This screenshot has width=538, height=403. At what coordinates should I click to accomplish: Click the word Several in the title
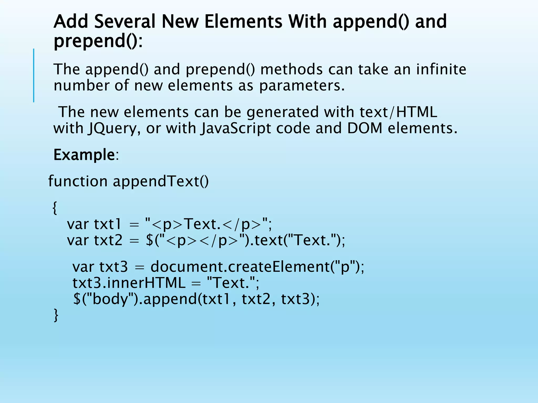click(x=125, y=22)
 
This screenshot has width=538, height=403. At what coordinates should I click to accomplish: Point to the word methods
click(x=291, y=69)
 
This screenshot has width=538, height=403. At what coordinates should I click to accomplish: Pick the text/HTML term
click(x=398, y=112)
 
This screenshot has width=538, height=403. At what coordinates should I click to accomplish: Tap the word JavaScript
click(x=236, y=129)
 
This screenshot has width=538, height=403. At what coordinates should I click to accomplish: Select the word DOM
click(x=365, y=129)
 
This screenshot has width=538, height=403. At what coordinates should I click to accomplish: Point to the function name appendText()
click(x=161, y=181)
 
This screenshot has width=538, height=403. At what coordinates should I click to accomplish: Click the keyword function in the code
click(x=78, y=181)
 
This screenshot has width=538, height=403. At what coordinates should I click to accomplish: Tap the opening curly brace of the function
click(x=55, y=208)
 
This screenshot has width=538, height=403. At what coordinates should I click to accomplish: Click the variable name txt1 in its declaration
click(x=108, y=224)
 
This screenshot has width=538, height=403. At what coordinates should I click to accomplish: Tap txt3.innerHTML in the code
click(x=129, y=283)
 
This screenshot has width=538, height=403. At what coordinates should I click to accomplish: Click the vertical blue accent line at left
click(x=34, y=75)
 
